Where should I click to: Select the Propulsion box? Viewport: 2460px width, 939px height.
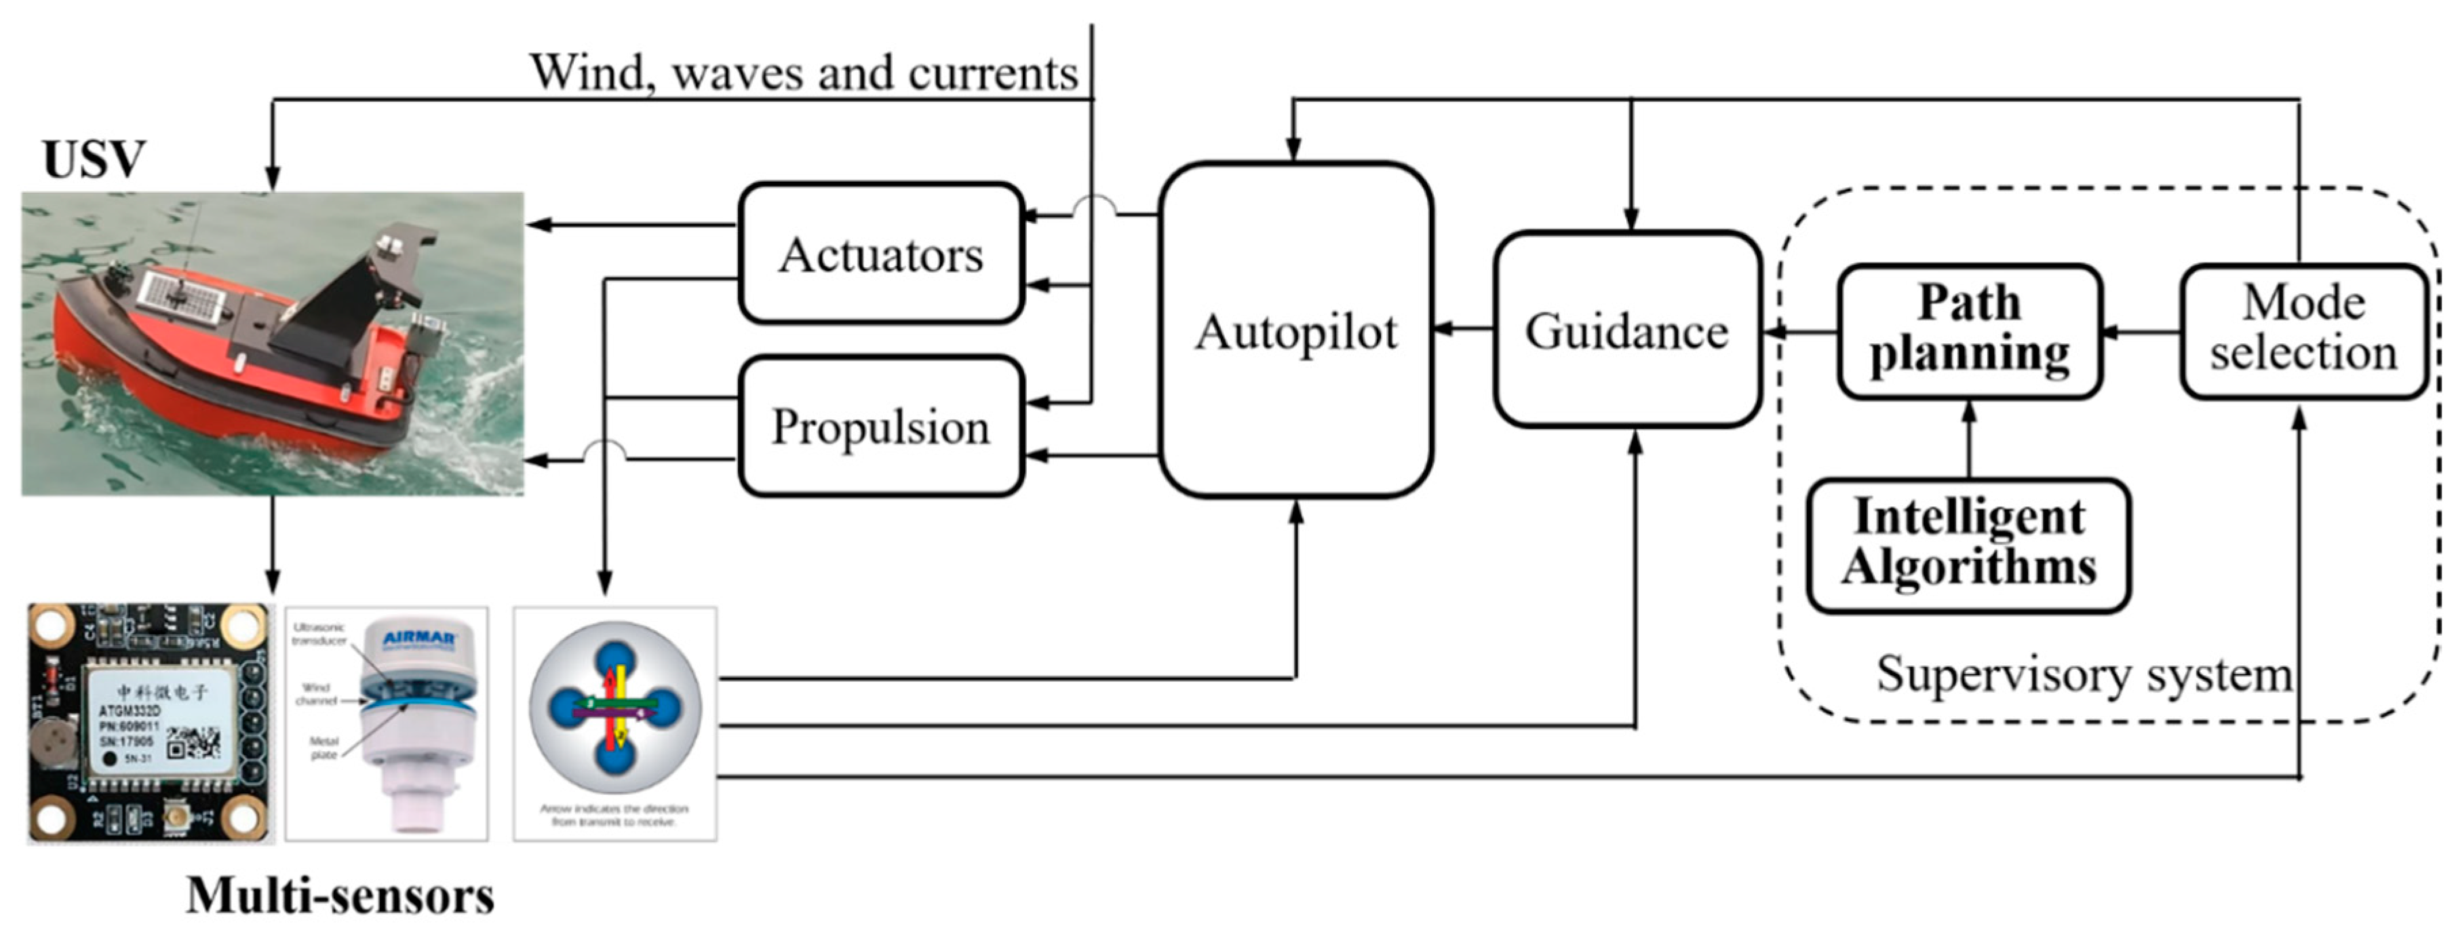[x=880, y=426]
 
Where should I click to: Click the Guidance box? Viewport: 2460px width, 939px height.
[x=1626, y=330]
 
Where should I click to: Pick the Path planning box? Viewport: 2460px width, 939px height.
[x=1969, y=330]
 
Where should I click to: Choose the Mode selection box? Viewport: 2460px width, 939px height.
[x=2303, y=330]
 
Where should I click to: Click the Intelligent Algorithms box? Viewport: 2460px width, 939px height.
[x=1968, y=545]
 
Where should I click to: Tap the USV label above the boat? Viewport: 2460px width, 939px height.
[x=94, y=159]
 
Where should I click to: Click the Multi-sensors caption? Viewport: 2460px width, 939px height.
[x=340, y=895]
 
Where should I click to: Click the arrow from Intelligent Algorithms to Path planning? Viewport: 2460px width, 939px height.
[x=1968, y=440]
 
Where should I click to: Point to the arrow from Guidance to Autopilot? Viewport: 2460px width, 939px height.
[x=1463, y=328]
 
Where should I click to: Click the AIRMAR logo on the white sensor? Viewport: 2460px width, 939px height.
[x=419, y=637]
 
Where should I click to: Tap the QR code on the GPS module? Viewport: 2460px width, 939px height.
[x=194, y=742]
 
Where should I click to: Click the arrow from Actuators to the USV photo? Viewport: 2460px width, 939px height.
[x=630, y=225]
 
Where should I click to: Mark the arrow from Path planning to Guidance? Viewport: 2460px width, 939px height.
[x=1799, y=332]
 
